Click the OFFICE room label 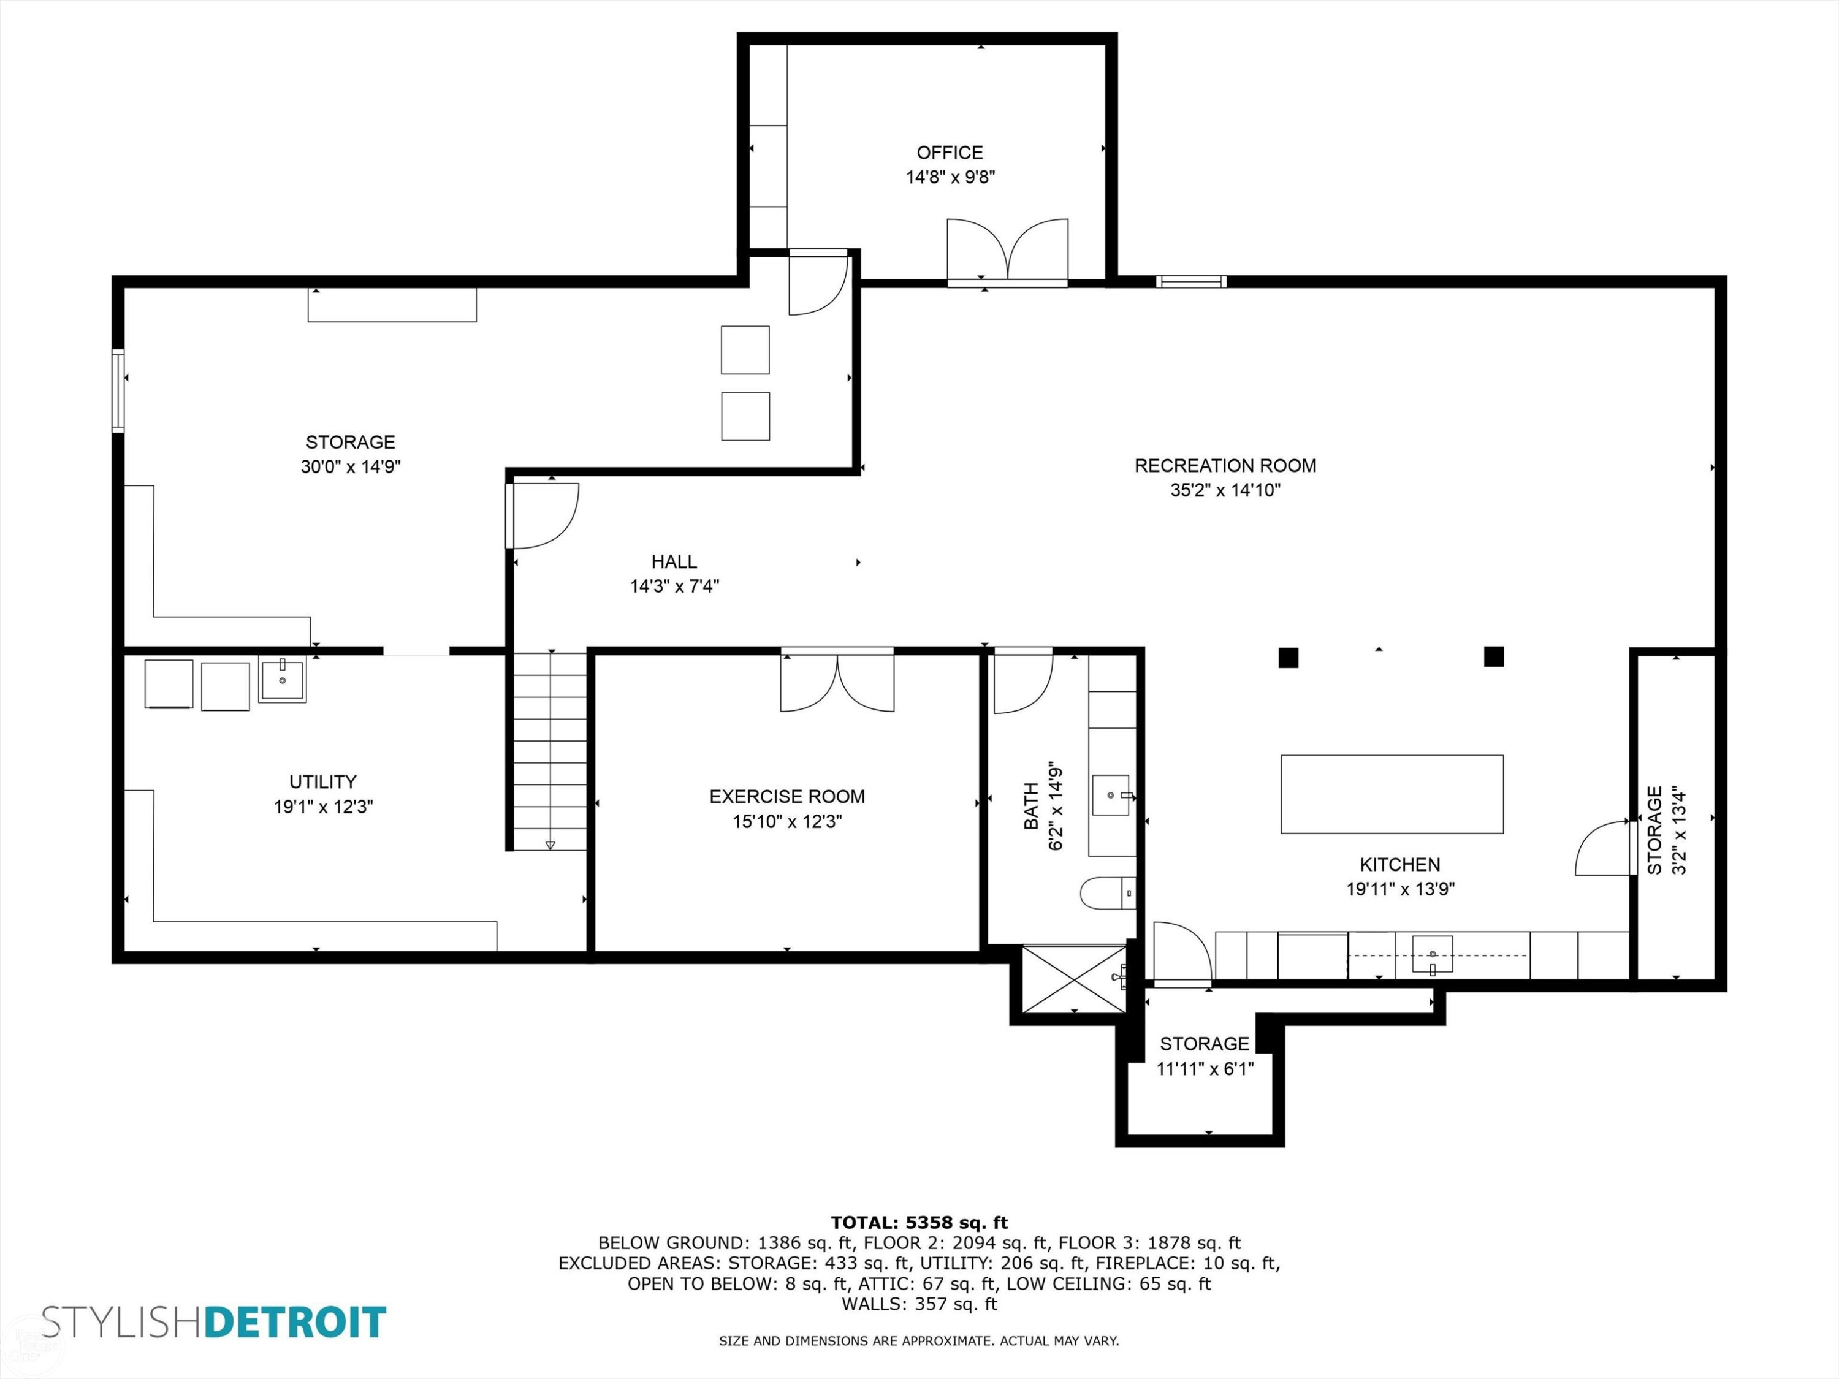950,153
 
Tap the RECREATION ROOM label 1225,465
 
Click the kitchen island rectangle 1392,794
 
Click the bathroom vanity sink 1111,796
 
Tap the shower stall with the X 1073,979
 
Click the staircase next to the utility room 549,751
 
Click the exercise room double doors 837,681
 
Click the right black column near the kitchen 1493,656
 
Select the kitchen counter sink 1433,954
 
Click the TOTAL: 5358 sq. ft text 919,1223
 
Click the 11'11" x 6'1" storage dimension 1205,1069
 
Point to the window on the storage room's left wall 118,390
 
